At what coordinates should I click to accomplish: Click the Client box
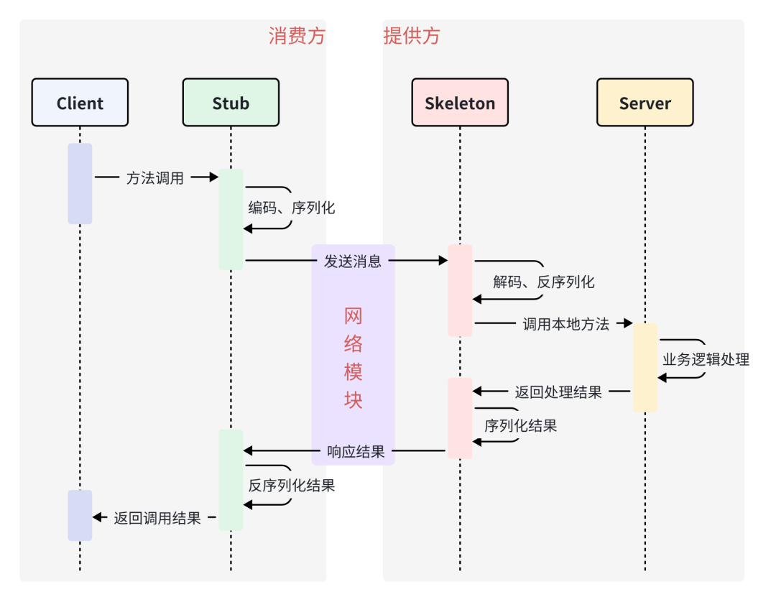coord(80,103)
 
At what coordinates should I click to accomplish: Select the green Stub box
coord(231,103)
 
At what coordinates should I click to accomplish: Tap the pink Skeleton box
coord(460,103)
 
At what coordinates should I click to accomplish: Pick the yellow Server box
coord(645,103)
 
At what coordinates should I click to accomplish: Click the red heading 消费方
coord(297,37)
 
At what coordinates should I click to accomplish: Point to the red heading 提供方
coord(412,37)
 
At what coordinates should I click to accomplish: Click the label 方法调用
coord(155,178)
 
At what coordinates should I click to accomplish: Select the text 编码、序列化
coord(292,208)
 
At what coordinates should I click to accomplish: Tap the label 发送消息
coord(353,261)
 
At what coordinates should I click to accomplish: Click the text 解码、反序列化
coord(544,282)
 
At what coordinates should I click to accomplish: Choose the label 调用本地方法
coord(566,324)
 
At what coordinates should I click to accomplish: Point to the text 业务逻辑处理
coord(706,359)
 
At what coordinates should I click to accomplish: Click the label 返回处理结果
coord(558,392)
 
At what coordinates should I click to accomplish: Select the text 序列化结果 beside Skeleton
coord(521,425)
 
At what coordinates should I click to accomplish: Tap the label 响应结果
coord(356,452)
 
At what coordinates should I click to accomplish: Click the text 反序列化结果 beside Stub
coord(292,485)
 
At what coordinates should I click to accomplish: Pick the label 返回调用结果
coord(157,518)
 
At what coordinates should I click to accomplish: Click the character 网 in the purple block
coord(353,316)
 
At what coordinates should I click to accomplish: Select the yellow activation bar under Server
coord(645,367)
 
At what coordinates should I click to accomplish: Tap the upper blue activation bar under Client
coord(80,183)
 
